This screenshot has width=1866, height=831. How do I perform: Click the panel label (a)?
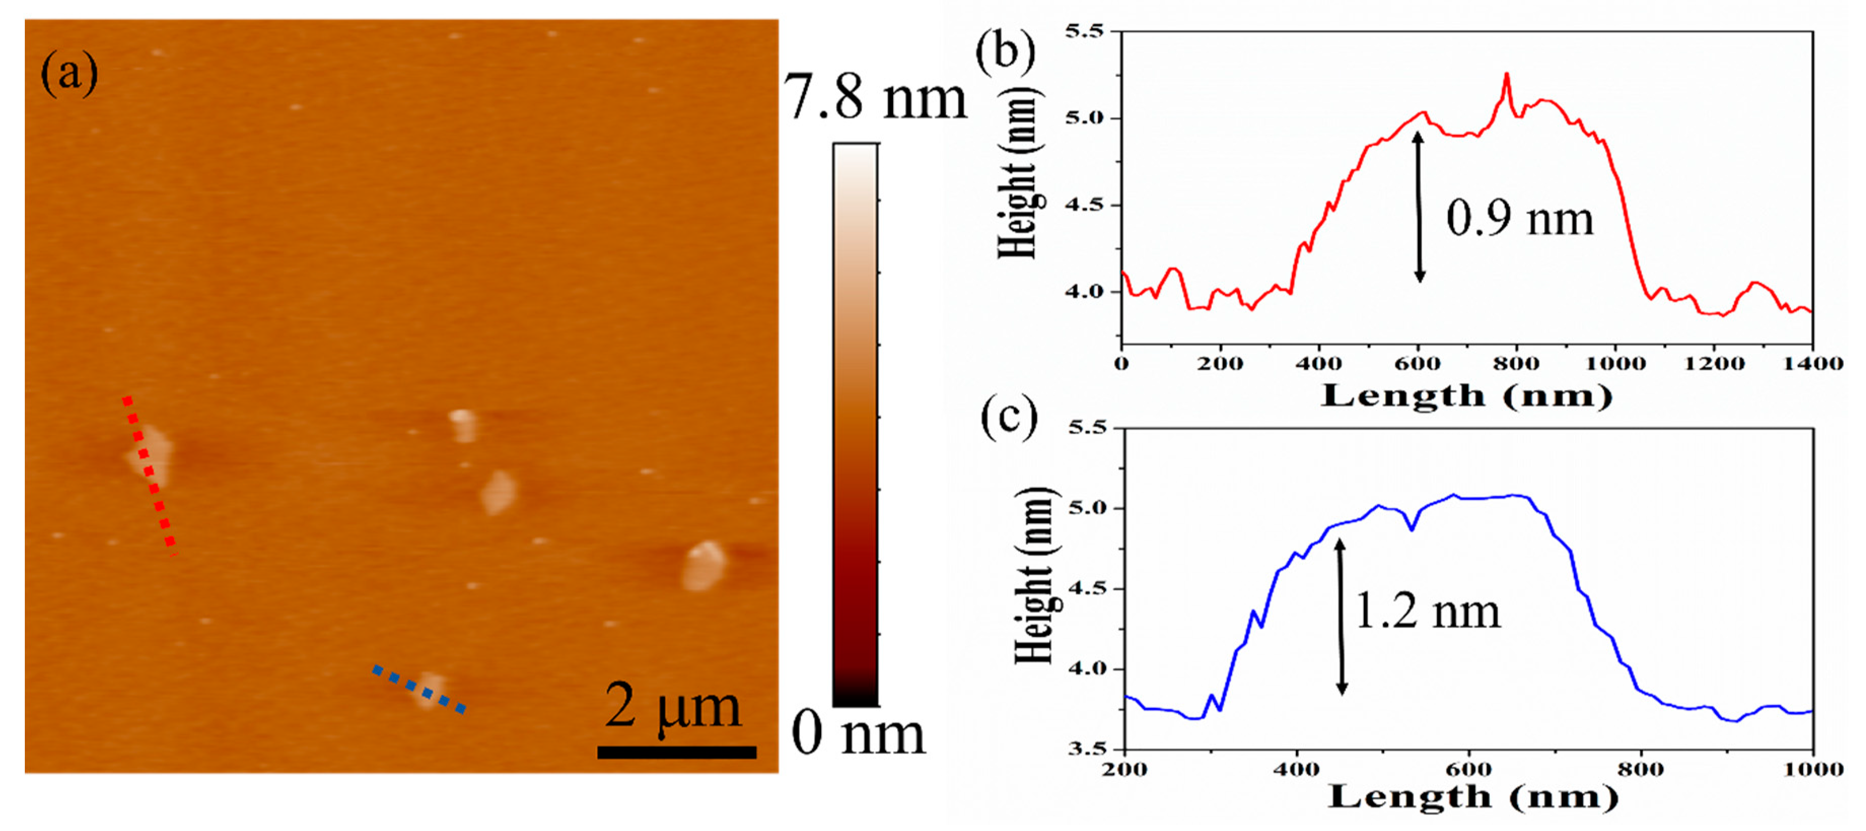(x=69, y=73)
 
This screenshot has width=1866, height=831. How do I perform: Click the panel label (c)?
(x=1009, y=419)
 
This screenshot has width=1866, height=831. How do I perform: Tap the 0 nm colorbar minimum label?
(x=858, y=733)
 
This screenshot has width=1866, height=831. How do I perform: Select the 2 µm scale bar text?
(x=672, y=706)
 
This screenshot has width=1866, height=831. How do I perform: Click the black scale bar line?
(x=677, y=752)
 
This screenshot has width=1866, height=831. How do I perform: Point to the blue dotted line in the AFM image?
(x=418, y=689)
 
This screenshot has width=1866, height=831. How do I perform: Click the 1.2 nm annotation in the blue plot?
(x=1427, y=611)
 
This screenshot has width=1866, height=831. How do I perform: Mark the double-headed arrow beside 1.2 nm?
(x=1341, y=616)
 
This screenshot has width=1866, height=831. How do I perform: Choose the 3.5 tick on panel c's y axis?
(x=1087, y=748)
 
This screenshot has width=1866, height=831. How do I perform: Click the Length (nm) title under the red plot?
(x=1466, y=396)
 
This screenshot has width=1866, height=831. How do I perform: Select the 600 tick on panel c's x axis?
(x=1468, y=769)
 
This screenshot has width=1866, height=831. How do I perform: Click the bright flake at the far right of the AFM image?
(x=702, y=565)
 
